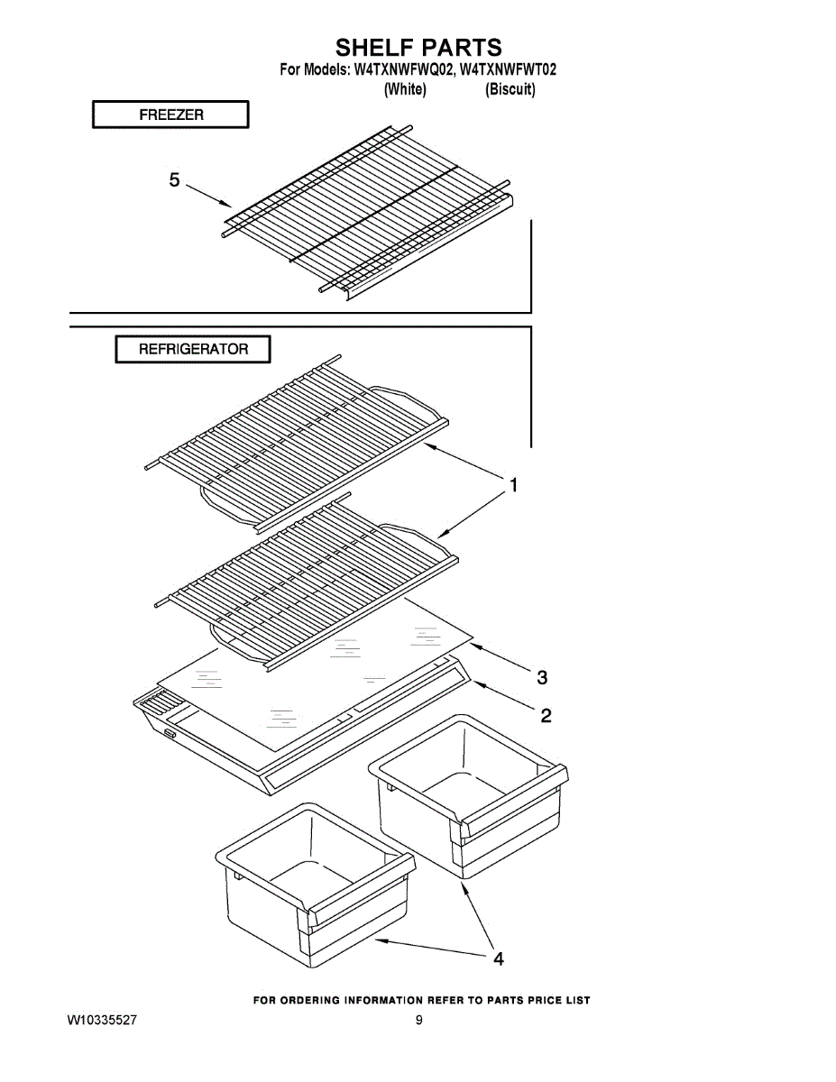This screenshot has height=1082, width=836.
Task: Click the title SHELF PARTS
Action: [418, 48]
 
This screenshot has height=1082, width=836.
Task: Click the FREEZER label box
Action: [170, 115]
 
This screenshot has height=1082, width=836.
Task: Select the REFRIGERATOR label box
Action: [193, 350]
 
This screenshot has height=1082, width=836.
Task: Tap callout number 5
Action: [175, 180]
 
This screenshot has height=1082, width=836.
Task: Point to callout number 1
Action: [513, 486]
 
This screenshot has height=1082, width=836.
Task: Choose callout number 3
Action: [542, 676]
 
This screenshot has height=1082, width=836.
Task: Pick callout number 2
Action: [546, 716]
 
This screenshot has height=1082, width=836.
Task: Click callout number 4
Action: [498, 958]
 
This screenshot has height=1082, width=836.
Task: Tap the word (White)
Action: [405, 90]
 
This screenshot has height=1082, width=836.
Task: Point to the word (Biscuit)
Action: [510, 90]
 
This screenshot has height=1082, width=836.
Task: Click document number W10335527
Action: [102, 1021]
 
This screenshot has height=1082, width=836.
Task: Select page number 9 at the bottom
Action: [419, 1021]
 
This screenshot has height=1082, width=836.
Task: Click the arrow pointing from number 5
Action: [207, 195]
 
